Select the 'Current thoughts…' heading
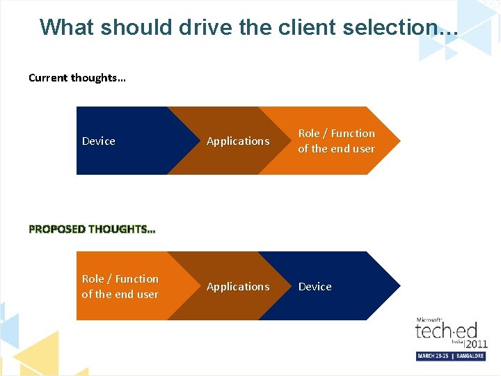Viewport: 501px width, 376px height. coord(77,78)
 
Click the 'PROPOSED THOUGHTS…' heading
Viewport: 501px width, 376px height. coord(93,229)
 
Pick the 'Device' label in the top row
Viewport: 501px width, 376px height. coord(99,141)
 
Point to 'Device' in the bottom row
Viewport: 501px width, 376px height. coord(315,287)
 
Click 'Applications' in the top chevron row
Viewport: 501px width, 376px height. coord(238,141)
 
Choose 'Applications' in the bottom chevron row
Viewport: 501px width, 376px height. coord(238,287)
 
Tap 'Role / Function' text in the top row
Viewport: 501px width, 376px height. coord(336,134)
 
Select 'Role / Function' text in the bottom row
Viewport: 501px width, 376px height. coord(120,279)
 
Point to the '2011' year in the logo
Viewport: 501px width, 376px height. coord(477,343)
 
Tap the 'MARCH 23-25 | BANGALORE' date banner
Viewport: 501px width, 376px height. coord(451,356)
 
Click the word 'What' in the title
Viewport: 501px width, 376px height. coord(67,27)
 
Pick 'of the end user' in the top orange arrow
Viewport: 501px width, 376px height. coord(336,149)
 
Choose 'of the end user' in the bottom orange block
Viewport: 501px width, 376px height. coord(120,295)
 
